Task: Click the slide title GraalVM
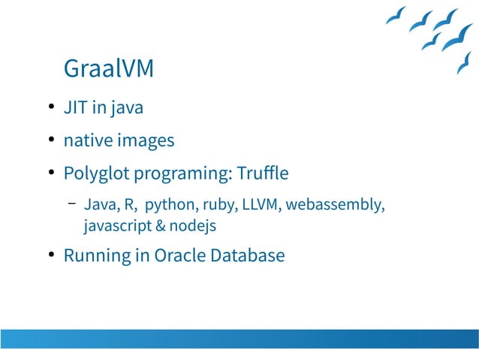point(109,68)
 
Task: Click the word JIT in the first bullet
point(76,107)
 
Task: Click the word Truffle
point(262,174)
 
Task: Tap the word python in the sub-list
point(171,204)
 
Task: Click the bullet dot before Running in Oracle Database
point(50,256)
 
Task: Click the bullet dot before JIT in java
point(50,107)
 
